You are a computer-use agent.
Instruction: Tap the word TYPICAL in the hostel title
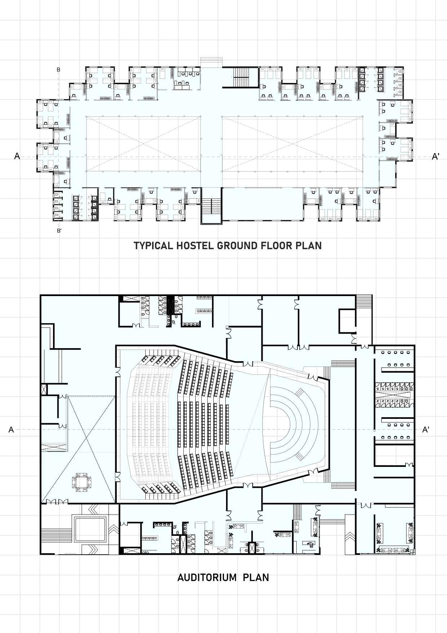(153, 246)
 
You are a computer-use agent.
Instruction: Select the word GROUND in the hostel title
(237, 246)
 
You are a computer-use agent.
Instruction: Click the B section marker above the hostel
(58, 70)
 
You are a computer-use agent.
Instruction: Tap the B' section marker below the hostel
(59, 230)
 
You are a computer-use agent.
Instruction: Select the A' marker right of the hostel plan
(435, 156)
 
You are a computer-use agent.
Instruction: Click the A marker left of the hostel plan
(17, 156)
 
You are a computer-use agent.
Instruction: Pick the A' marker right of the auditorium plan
(426, 430)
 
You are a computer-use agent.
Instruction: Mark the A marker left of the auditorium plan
(11, 430)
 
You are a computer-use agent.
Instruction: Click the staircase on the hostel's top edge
(241, 77)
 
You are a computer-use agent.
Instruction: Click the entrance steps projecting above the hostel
(211, 62)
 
